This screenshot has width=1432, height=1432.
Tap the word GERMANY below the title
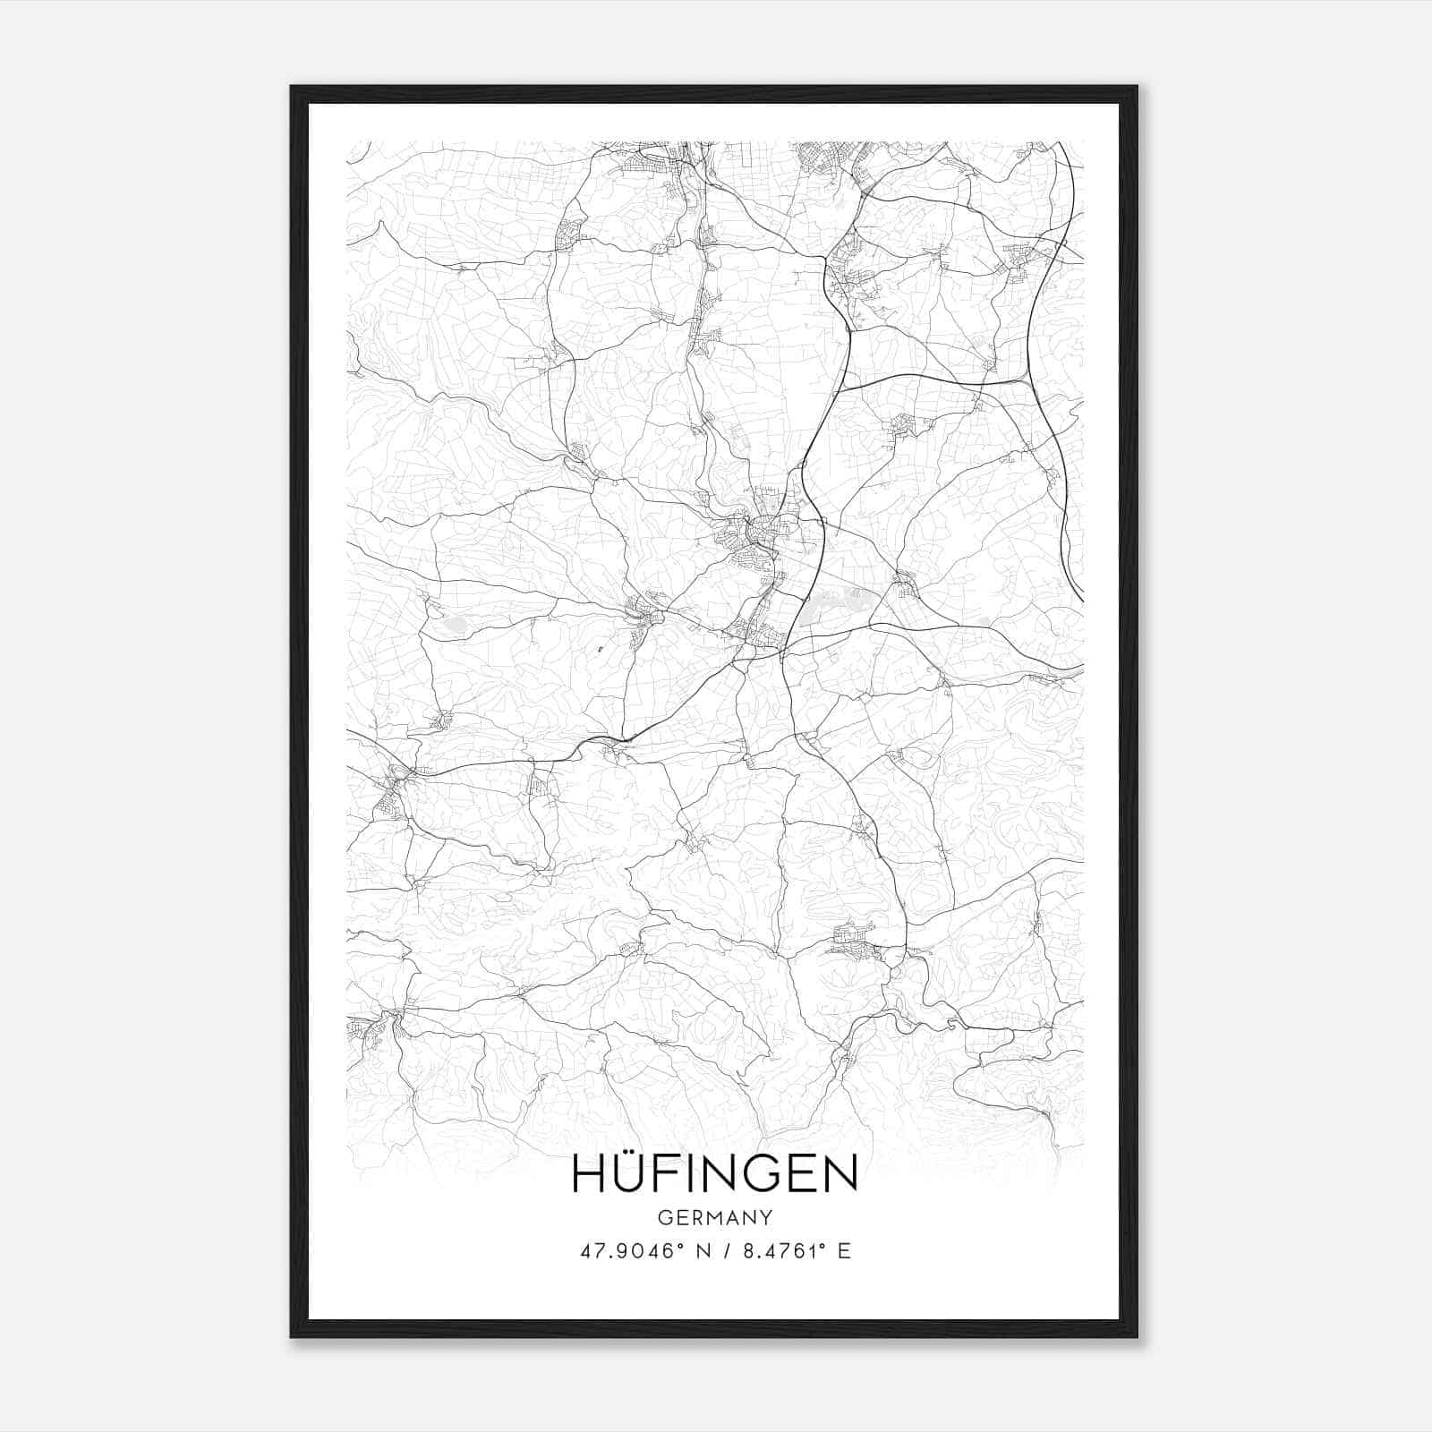click(x=714, y=1217)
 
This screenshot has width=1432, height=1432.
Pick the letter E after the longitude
click(x=843, y=1251)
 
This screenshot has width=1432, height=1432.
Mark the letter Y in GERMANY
click(x=766, y=1217)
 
